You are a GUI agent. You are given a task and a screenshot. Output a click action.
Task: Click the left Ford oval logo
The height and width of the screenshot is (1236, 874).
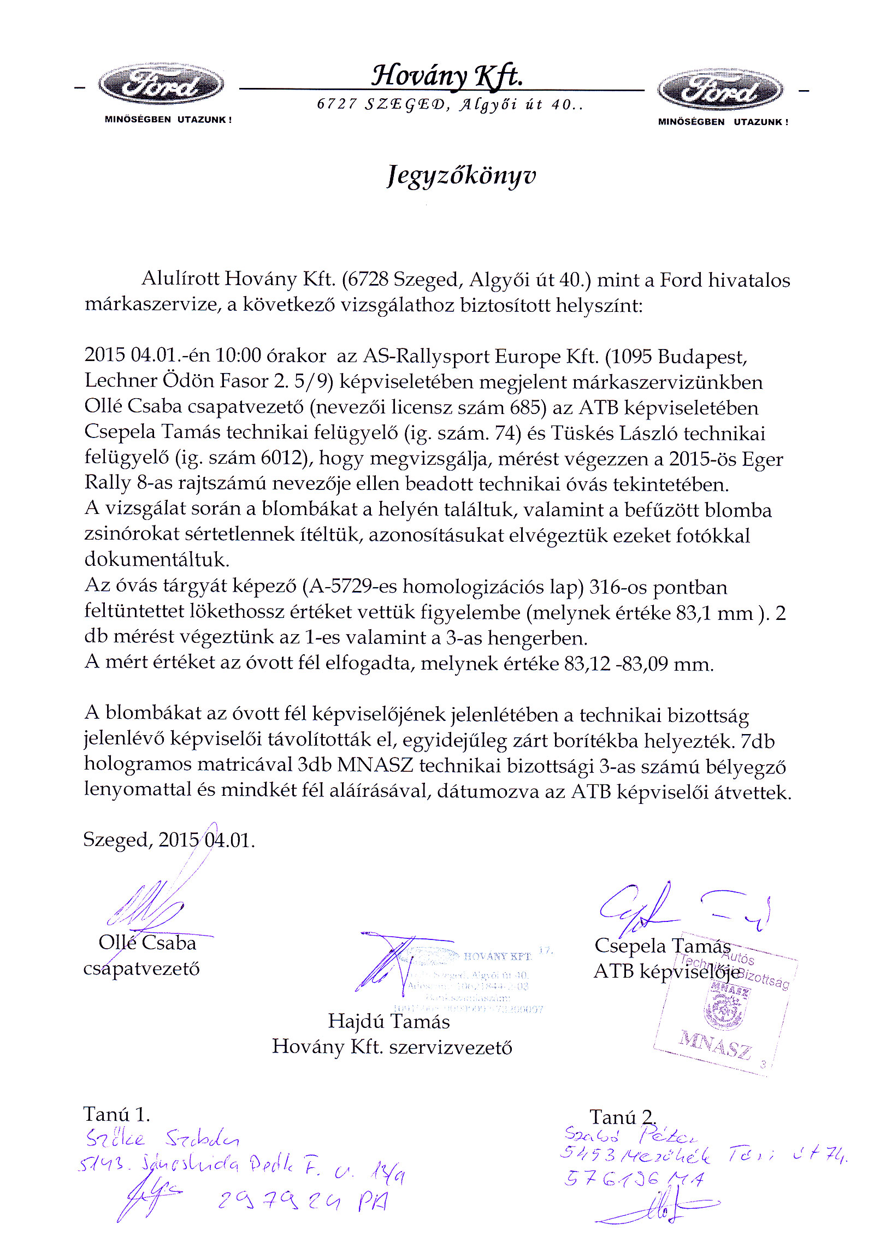click(x=161, y=85)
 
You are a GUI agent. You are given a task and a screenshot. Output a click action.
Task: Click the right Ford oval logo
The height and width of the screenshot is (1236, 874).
click(x=720, y=90)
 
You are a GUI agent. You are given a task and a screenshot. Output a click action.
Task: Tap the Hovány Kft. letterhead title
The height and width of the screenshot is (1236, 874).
click(x=447, y=75)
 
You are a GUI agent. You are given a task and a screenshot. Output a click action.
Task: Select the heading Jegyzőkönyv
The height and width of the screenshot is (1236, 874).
click(x=462, y=175)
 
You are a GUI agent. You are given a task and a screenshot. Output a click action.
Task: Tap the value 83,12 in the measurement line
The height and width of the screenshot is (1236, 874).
click(x=587, y=664)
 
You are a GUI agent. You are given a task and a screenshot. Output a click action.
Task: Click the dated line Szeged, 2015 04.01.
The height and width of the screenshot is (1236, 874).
click(x=169, y=839)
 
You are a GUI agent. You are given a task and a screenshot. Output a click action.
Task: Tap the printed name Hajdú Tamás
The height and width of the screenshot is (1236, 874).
click(x=388, y=1021)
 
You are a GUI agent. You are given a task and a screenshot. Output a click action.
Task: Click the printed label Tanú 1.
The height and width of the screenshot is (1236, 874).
click(x=116, y=1114)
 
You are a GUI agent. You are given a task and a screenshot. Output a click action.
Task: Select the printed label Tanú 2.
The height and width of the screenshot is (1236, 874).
click(x=623, y=1117)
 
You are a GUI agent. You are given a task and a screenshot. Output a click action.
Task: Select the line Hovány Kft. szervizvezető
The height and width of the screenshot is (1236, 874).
click(x=392, y=1046)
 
